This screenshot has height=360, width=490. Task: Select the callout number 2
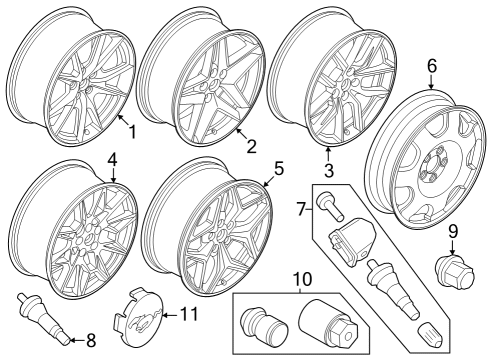coord(251,146)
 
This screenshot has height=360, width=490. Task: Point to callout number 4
coord(112,159)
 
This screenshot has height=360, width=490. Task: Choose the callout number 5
coord(279,168)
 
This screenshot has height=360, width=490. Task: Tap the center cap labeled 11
coord(141,313)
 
